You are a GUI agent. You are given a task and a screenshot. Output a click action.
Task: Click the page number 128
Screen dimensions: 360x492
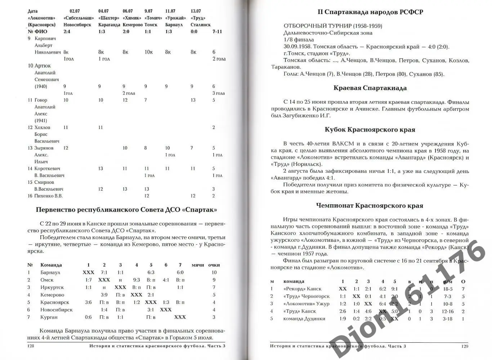pyautogui.click(x=31, y=346)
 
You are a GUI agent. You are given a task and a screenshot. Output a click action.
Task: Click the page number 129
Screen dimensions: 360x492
pyautogui.click(x=465, y=346)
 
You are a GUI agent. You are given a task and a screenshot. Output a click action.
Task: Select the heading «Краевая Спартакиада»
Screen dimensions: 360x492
pyautogui.click(x=370, y=88)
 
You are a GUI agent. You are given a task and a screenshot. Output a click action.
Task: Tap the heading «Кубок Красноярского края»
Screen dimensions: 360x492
pyautogui.click(x=370, y=130)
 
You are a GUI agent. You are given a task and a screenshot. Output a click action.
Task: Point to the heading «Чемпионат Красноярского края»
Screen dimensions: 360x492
pyautogui.click(x=370, y=206)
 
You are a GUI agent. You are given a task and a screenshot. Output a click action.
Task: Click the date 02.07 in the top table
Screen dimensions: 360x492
pyautogui.click(x=75, y=11)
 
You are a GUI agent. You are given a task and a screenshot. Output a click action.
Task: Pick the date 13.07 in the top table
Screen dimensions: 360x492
pyautogui.click(x=196, y=11)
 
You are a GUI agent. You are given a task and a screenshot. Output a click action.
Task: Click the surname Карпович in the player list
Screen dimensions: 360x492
pyautogui.click(x=45, y=39)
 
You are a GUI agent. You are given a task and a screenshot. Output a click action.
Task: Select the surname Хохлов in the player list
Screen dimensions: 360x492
pyautogui.click(x=43, y=128)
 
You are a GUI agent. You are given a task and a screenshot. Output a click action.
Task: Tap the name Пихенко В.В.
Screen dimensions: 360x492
pyautogui.click(x=48, y=196)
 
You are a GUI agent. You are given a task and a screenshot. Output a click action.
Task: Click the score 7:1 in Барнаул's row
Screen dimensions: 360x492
pyautogui.click(x=104, y=273)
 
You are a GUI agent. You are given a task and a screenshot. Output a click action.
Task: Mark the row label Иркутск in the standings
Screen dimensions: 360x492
pyautogui.click(x=52, y=288)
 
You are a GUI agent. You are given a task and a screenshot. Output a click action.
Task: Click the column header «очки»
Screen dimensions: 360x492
pyautogui.click(x=214, y=265)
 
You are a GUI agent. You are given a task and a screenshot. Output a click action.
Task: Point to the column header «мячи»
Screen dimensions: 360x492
pyautogui.click(x=198, y=265)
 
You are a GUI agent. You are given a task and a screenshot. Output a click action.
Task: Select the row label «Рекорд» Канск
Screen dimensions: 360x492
pyautogui.click(x=303, y=289)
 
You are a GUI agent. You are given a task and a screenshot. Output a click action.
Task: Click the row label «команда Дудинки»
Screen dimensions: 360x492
pyautogui.click(x=304, y=319)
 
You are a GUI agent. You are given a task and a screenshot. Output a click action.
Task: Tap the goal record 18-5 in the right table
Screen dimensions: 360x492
pyautogui.click(x=448, y=289)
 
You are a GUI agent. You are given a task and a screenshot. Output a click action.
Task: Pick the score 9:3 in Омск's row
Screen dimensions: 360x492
pyautogui.click(x=137, y=280)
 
